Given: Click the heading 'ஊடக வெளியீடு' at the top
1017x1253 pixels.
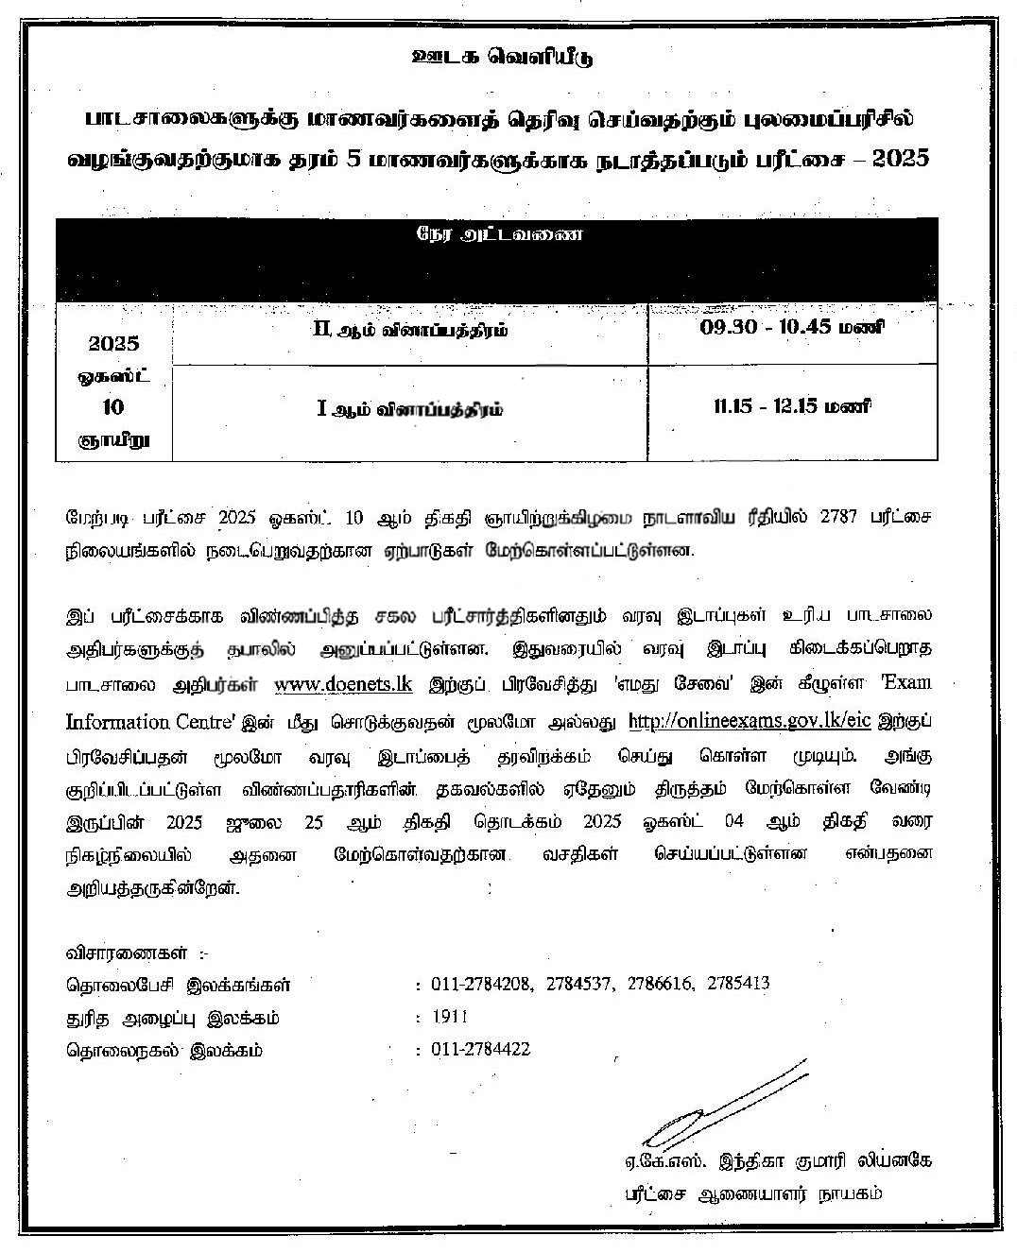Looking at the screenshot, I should pos(503,58).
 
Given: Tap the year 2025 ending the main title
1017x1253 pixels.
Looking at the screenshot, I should pos(899,158).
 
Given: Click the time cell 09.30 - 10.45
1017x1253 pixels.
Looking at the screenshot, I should pos(792,328).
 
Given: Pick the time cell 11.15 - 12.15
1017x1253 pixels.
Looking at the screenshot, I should pos(792,407).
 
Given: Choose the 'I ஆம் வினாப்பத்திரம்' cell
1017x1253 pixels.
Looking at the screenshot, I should pos(409,409).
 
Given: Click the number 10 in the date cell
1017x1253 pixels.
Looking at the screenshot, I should pos(113,407).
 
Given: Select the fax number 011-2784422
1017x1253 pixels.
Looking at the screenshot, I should pos(481,1050).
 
